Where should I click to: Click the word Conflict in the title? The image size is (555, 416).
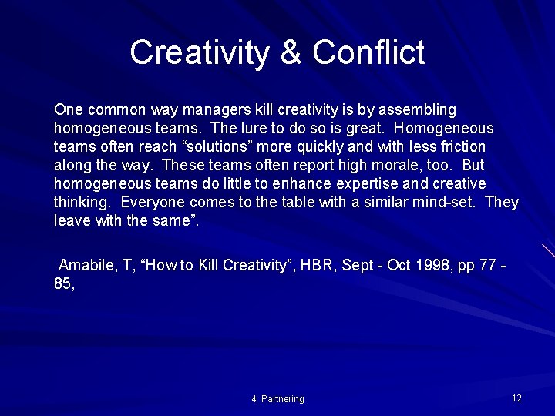point(368,52)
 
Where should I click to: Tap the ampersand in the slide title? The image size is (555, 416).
point(291,52)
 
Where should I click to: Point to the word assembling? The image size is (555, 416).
point(417,109)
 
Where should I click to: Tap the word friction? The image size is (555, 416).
point(459,146)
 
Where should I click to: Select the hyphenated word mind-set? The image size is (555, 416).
point(449,202)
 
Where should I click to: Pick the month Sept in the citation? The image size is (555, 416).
point(357,265)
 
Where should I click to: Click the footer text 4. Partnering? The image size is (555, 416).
point(277,399)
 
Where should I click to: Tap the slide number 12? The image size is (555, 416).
point(516,398)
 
